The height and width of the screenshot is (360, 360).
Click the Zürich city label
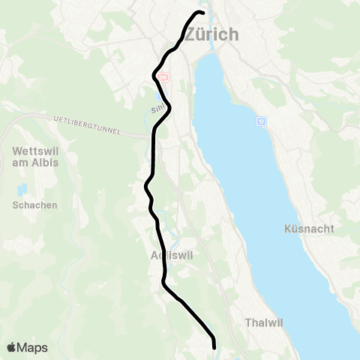[x=211, y=34]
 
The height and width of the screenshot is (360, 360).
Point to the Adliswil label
[x=172, y=255]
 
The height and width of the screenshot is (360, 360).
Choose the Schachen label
[x=34, y=205]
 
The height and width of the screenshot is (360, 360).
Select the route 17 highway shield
[x=260, y=121]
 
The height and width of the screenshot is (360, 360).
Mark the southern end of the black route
[x=214, y=347]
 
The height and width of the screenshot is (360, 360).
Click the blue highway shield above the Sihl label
[x=158, y=96]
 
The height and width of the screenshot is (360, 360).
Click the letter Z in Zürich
[x=190, y=34]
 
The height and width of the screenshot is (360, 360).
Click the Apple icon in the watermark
[x=12, y=347]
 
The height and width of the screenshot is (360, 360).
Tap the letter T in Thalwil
[x=248, y=322]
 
